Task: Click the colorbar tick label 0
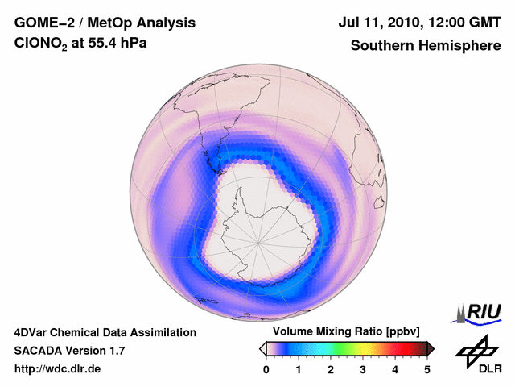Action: pyautogui.click(x=266, y=369)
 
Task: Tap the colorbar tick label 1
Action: pyautogui.click(x=299, y=369)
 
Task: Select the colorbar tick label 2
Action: pyautogui.click(x=331, y=369)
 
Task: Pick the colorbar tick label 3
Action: pyautogui.click(x=363, y=369)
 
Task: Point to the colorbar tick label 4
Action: pyautogui.click(x=395, y=369)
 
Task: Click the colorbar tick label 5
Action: pyautogui.click(x=427, y=369)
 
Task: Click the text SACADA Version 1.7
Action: pyautogui.click(x=69, y=351)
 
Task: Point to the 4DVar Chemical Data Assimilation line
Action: pyautogui.click(x=105, y=332)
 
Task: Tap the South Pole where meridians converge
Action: pyautogui.click(x=258, y=241)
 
